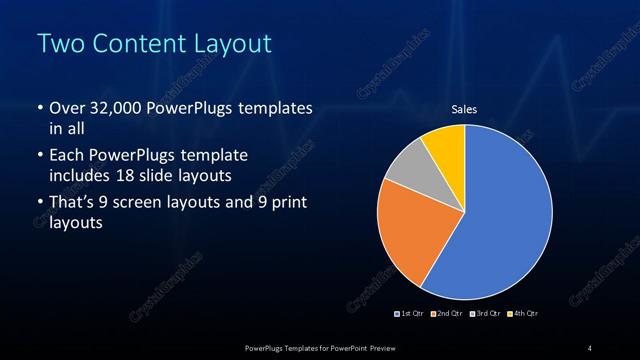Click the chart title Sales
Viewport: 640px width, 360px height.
coord(464,108)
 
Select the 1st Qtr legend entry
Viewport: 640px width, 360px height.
coord(410,314)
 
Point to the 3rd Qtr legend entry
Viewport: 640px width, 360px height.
coord(484,314)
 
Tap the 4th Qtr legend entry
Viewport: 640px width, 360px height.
coord(523,314)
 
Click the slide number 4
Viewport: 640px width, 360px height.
coord(590,347)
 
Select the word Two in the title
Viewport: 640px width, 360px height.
coord(58,45)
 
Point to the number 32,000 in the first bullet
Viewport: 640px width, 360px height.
coord(113,108)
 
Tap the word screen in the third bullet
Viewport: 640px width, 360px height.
coord(151,203)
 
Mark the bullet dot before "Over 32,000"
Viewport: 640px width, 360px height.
coord(39,108)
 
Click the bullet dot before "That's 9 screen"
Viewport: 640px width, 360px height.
coord(39,203)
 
